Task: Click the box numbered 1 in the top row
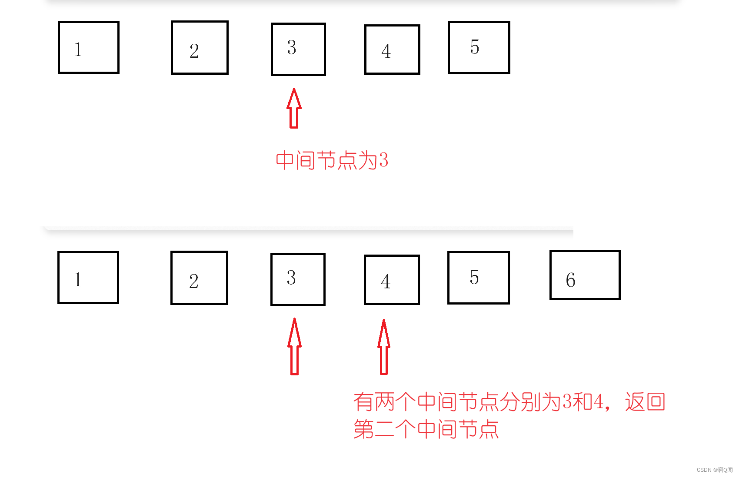(x=89, y=47)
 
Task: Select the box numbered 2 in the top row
(x=200, y=48)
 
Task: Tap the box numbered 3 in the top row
(x=298, y=49)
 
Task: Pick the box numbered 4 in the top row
(x=392, y=50)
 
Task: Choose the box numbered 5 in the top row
(x=479, y=47)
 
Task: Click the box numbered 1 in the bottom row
(x=88, y=278)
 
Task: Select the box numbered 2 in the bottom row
(x=199, y=278)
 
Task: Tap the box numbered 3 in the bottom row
(x=298, y=279)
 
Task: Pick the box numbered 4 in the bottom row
(x=392, y=280)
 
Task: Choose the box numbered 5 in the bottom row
(x=478, y=278)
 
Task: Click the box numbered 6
(x=585, y=275)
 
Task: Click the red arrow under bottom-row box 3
(x=294, y=346)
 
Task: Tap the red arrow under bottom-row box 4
(x=384, y=347)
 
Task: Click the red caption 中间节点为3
(x=332, y=160)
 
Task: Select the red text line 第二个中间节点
(x=426, y=429)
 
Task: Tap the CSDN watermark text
(x=714, y=470)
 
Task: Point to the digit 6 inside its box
(x=570, y=280)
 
